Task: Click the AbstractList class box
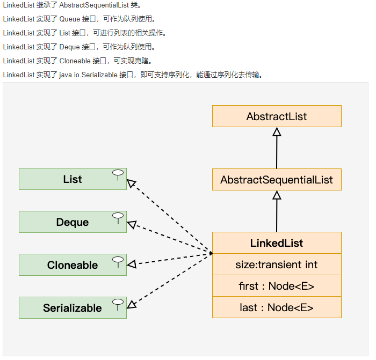pos(277,116)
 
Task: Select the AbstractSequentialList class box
pos(277,180)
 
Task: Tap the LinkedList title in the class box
pos(277,243)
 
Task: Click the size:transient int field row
pos(277,265)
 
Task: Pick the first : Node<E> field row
pos(277,286)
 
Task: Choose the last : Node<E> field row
pos(277,307)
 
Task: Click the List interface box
pos(73,179)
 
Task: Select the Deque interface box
pos(73,222)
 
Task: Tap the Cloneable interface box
pos(73,265)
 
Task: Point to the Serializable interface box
pos(73,308)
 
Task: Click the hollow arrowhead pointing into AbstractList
pos(277,132)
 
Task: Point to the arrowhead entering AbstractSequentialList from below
pos(277,195)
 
